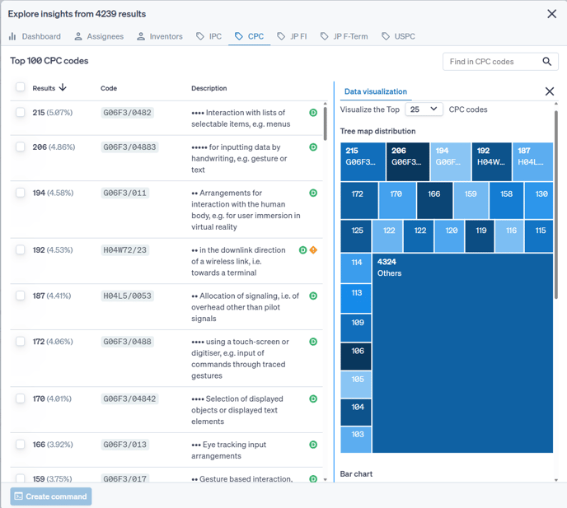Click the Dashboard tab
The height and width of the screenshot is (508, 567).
pyautogui.click(x=35, y=36)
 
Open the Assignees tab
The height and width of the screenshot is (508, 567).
pyautogui.click(x=98, y=36)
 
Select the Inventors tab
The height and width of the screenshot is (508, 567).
pyautogui.click(x=160, y=36)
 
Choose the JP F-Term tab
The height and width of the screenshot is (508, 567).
pyautogui.click(x=344, y=36)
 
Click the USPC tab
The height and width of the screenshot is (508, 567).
pyautogui.click(x=398, y=36)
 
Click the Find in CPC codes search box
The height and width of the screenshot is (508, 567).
pyautogui.click(x=492, y=62)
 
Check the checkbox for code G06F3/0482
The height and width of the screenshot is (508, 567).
pyautogui.click(x=21, y=113)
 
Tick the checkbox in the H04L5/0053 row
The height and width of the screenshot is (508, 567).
pyautogui.click(x=21, y=296)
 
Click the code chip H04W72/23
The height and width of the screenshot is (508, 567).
pyautogui.click(x=125, y=250)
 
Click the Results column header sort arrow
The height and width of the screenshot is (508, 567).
pyautogui.click(x=63, y=88)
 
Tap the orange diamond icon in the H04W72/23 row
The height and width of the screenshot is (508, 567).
pyautogui.click(x=313, y=250)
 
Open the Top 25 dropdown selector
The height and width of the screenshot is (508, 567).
pyautogui.click(x=424, y=110)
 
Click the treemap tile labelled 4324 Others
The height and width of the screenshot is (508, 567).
pyautogui.click(x=462, y=354)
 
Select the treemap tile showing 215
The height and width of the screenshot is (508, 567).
pyautogui.click(x=362, y=161)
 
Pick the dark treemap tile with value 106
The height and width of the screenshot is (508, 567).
pyautogui.click(x=356, y=357)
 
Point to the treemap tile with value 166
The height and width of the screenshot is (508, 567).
pyautogui.click(x=434, y=200)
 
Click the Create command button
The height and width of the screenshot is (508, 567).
pyautogui.click(x=51, y=496)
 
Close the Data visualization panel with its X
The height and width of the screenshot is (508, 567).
pyautogui.click(x=550, y=91)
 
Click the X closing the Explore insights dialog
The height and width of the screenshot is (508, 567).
pyautogui.click(x=551, y=14)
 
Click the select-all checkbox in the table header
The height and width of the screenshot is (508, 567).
pyautogui.click(x=21, y=88)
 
